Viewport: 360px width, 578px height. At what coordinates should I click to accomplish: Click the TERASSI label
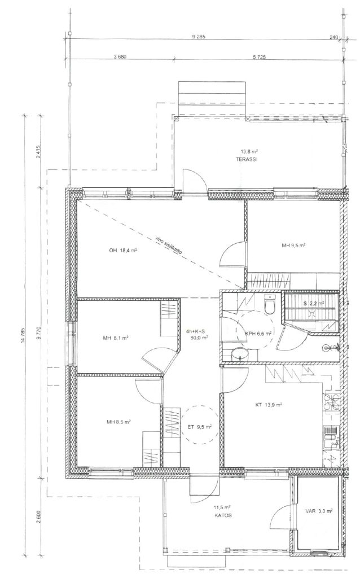point(249,160)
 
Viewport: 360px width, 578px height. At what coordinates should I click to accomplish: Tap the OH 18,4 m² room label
point(123,251)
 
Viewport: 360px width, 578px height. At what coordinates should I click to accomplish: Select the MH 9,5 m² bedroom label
point(293,245)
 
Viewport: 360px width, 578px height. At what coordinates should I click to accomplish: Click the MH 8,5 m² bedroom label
point(118,422)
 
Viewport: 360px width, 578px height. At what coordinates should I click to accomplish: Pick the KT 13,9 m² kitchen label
point(269,405)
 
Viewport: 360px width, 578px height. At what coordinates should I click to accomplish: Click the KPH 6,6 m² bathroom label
point(258,334)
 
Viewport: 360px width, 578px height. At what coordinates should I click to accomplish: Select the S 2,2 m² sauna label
point(314,304)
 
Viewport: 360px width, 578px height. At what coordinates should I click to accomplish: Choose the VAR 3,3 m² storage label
point(319,511)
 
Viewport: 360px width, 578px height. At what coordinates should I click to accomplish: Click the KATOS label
point(223,516)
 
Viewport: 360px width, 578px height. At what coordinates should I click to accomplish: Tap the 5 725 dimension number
point(260,57)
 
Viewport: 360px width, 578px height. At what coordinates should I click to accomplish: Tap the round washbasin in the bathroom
point(240,356)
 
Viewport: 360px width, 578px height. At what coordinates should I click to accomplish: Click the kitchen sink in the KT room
point(331,437)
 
